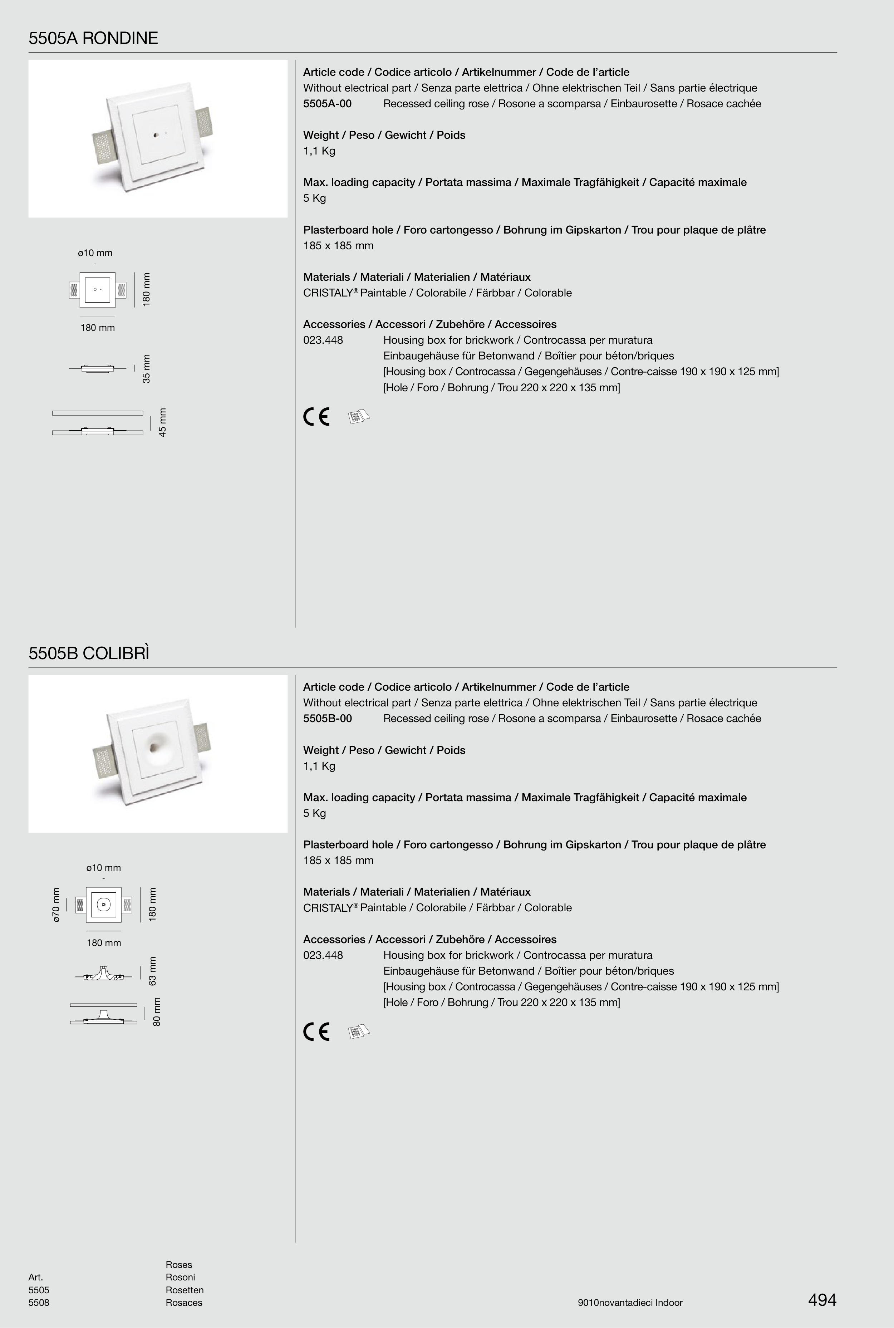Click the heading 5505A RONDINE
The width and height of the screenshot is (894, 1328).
[93, 38]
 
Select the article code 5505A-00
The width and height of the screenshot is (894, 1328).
[327, 104]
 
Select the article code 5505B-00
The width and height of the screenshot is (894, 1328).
[327, 719]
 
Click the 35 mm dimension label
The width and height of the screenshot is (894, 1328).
[147, 368]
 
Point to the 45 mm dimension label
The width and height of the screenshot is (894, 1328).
[162, 422]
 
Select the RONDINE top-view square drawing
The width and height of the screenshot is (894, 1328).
[98, 290]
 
